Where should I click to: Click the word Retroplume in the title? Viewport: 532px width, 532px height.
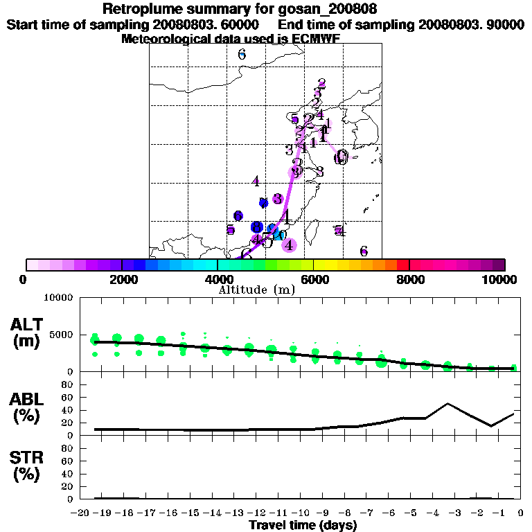tap(139, 9)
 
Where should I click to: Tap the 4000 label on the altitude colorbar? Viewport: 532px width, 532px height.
tap(218, 279)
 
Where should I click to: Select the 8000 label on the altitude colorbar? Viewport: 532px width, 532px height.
tap(409, 279)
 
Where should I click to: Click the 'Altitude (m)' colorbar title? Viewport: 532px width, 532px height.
tap(256, 290)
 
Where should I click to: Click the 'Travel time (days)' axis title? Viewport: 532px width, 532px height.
tap(302, 526)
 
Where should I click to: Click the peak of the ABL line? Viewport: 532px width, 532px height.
tap(448, 403)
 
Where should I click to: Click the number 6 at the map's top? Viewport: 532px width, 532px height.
tap(242, 54)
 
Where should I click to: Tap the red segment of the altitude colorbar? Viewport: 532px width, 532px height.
tap(403, 265)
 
